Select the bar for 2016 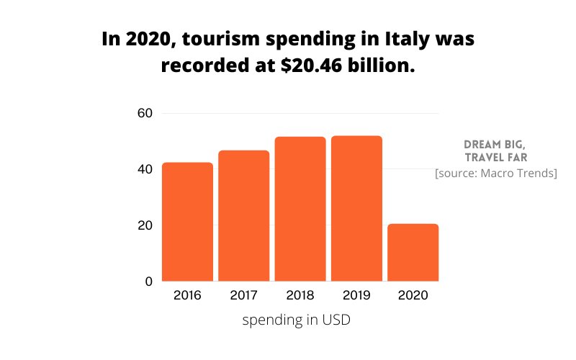pyautogui.click(x=187, y=222)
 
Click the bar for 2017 pyautogui.click(x=243, y=215)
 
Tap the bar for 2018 pyautogui.click(x=300, y=209)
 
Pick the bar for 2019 pyautogui.click(x=356, y=208)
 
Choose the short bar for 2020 pyautogui.click(x=413, y=252)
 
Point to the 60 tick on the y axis pyautogui.click(x=145, y=113)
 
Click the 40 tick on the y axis pyautogui.click(x=145, y=169)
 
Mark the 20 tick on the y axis pyautogui.click(x=145, y=225)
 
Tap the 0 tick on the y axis pyautogui.click(x=148, y=282)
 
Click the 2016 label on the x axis pyautogui.click(x=187, y=295)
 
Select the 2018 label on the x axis pyautogui.click(x=300, y=295)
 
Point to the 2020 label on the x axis pyautogui.click(x=413, y=295)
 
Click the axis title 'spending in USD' pyautogui.click(x=296, y=320)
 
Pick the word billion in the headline pyautogui.click(x=387, y=66)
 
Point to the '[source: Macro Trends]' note pyautogui.click(x=495, y=174)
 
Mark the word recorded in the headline pyautogui.click(x=199, y=66)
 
